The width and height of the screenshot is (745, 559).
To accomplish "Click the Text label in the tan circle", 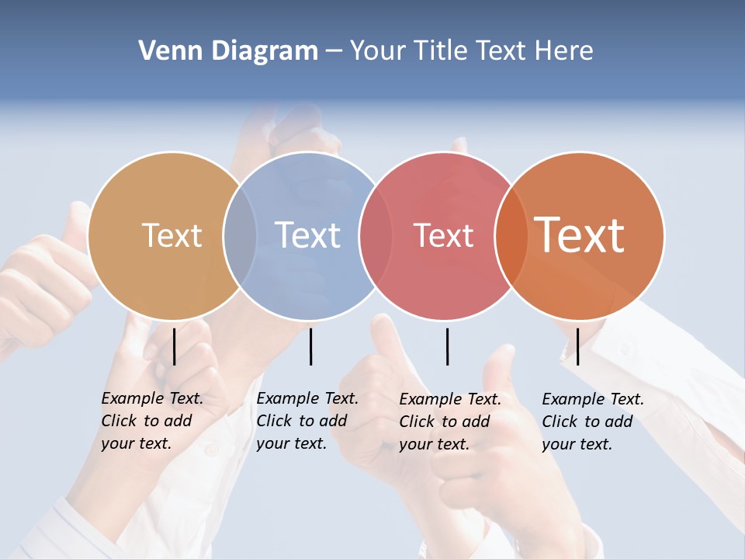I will click(172, 235).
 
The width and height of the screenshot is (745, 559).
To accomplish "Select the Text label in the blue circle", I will click(308, 235).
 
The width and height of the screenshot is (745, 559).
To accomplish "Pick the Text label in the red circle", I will click(443, 235).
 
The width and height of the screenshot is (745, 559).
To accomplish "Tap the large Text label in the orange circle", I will click(580, 235).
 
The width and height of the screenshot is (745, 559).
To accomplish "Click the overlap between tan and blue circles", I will click(240, 235).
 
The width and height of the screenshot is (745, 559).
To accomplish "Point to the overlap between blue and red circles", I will click(376, 235).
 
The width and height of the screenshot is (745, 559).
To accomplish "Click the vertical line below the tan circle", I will click(175, 346).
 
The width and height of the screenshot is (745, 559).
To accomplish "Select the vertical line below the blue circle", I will click(310, 346).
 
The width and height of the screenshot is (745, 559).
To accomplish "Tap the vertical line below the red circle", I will click(447, 346).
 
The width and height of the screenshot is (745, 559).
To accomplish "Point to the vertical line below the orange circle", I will click(577, 346).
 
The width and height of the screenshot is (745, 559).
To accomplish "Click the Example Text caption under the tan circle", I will click(152, 421).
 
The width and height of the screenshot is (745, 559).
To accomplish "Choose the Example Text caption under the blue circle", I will click(307, 421).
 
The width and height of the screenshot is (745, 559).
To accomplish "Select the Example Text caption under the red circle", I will click(450, 422).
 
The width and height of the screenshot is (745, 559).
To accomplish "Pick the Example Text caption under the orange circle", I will click(593, 422).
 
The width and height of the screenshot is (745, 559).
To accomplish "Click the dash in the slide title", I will click(334, 52).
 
